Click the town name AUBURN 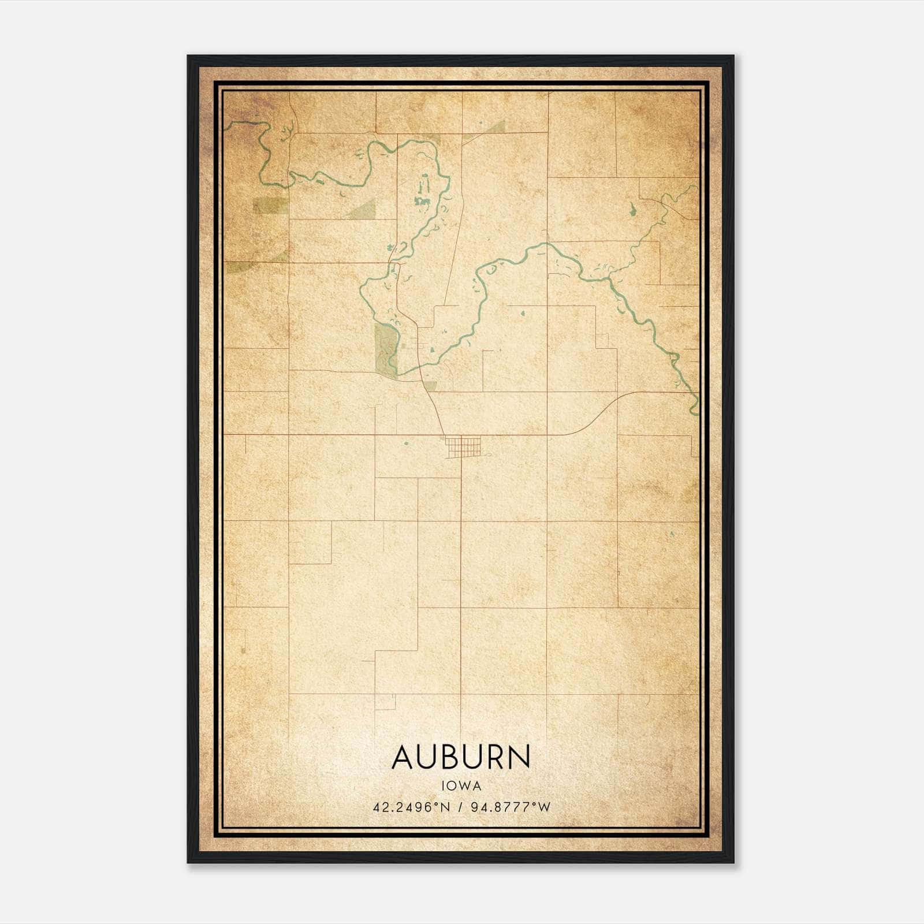[461, 757]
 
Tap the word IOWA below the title [461, 785]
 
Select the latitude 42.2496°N [411, 807]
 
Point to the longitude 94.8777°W [511, 807]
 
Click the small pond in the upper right [634, 211]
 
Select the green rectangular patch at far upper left [270, 205]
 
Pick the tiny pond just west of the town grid [406, 444]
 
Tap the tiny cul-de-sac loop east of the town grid [489, 456]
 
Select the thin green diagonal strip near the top [484, 132]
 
